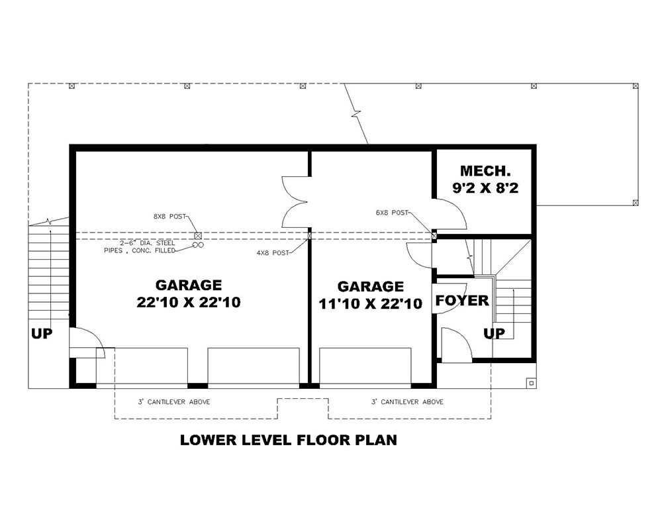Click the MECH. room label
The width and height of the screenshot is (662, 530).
coord(484,171)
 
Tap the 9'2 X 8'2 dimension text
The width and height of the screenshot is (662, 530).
coord(484,187)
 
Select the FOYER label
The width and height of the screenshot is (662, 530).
coord(461,301)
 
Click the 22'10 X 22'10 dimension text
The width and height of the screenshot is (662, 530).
coord(188,302)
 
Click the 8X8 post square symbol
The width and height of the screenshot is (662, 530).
coord(198,236)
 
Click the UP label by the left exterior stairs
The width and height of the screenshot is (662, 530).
coord(41,333)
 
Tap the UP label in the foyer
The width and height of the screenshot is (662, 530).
coord(494,333)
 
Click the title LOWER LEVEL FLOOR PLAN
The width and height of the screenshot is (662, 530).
coord(288,439)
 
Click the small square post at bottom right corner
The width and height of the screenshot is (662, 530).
coord(531,383)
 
